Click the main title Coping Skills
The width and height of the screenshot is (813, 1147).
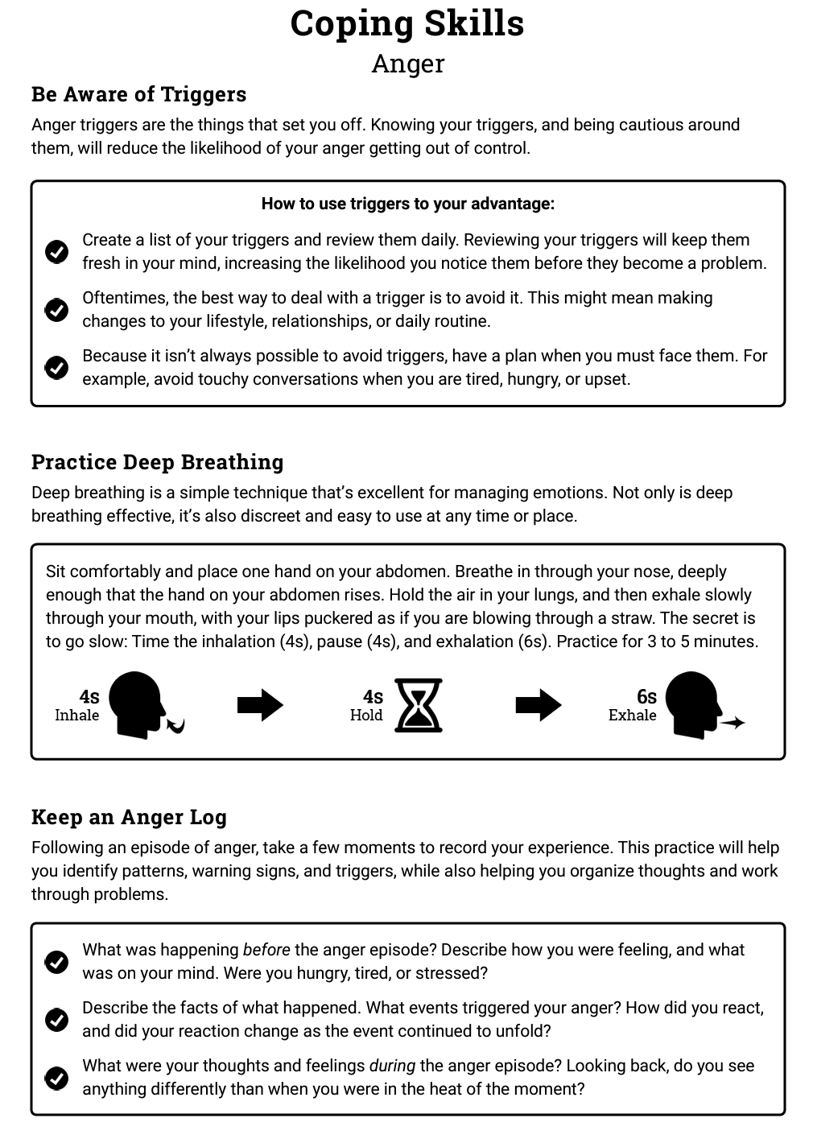pyautogui.click(x=406, y=24)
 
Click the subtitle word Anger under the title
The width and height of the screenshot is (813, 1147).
pyautogui.click(x=407, y=64)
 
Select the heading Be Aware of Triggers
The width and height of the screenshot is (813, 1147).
pyautogui.click(x=138, y=94)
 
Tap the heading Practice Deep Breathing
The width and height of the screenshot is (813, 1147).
pyautogui.click(x=157, y=462)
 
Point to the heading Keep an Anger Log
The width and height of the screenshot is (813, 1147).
pyautogui.click(x=129, y=817)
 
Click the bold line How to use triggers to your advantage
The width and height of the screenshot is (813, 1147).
pyautogui.click(x=407, y=204)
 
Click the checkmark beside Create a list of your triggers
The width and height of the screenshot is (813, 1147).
pyautogui.click(x=56, y=252)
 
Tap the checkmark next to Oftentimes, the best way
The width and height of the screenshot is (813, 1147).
pyautogui.click(x=56, y=310)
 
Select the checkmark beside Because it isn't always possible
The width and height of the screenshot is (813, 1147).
pyautogui.click(x=56, y=368)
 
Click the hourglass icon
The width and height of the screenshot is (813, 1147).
pyautogui.click(x=419, y=705)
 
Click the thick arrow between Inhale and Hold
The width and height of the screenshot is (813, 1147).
pyautogui.click(x=260, y=705)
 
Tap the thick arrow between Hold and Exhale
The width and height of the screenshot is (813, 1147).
pyautogui.click(x=538, y=705)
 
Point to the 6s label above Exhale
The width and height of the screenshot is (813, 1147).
pyautogui.click(x=646, y=696)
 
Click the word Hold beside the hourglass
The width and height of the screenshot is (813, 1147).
pyautogui.click(x=366, y=716)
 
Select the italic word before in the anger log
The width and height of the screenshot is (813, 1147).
pyautogui.click(x=266, y=950)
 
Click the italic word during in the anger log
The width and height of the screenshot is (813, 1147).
pyautogui.click(x=392, y=1066)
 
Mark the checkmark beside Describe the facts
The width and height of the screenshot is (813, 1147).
pyautogui.click(x=56, y=1020)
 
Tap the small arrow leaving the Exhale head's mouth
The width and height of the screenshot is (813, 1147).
pyautogui.click(x=733, y=723)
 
